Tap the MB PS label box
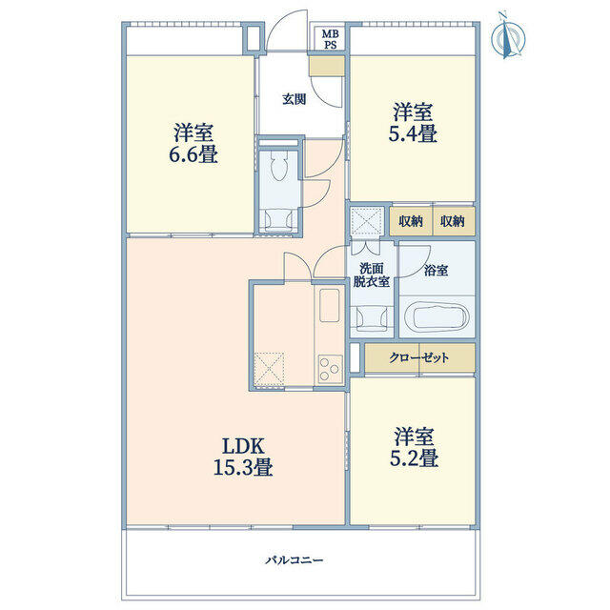click(329, 39)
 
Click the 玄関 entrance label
click(294, 98)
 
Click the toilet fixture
click(279, 169)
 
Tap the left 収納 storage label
click(412, 221)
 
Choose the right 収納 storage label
click(453, 221)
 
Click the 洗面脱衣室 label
click(373, 274)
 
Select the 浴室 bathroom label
click(437, 271)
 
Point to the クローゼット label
click(419, 357)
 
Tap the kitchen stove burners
click(330, 368)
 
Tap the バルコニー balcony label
click(294, 560)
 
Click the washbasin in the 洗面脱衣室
click(370, 315)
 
